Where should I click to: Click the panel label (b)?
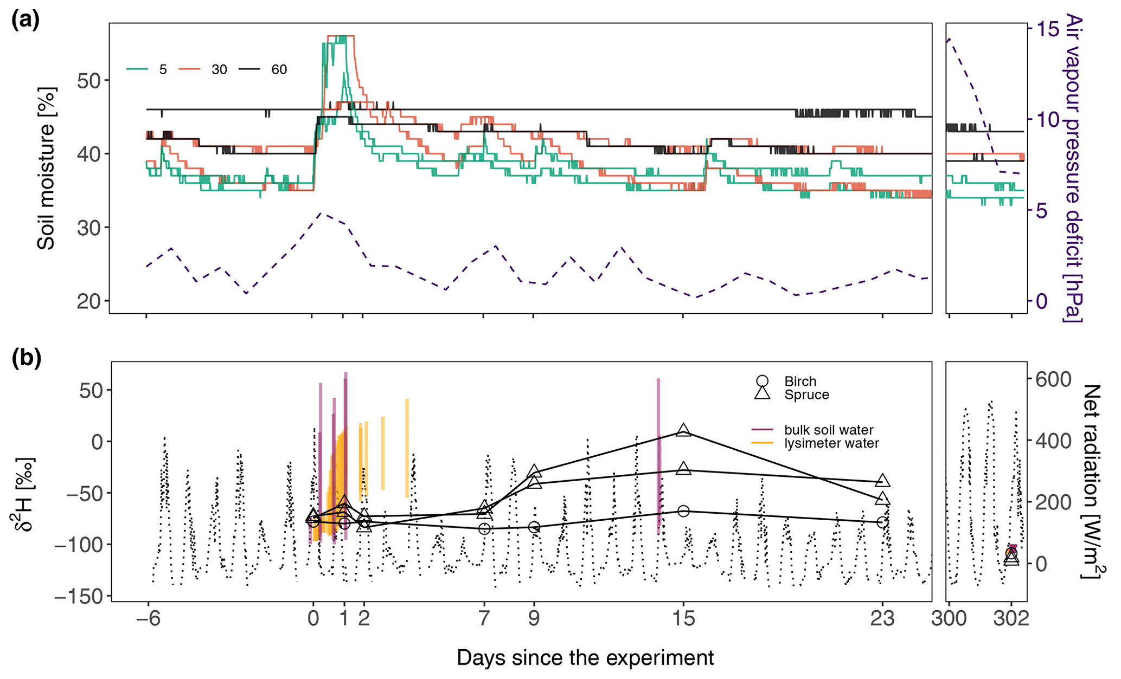point(26,359)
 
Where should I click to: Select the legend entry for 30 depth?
point(219,69)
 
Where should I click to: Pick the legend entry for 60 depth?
point(279,69)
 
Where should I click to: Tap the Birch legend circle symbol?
point(762,381)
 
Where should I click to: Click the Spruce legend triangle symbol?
point(762,393)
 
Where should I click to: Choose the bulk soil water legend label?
point(829,430)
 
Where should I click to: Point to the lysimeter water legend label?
point(831,443)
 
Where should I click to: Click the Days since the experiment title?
point(585,657)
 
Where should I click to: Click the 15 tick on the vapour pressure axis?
point(1048,29)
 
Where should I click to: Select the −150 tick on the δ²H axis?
point(79,596)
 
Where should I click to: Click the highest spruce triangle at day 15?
point(683,430)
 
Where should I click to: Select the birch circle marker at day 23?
point(882,522)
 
